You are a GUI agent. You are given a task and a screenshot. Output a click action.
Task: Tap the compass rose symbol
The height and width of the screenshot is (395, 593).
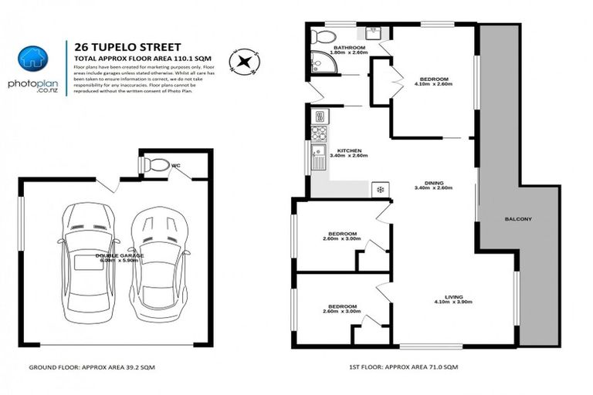[x=244, y=59]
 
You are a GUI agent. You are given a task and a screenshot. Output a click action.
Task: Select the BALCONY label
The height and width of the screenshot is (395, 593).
[x=517, y=218]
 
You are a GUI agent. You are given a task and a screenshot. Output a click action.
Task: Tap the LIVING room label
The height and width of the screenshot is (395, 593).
[x=453, y=296]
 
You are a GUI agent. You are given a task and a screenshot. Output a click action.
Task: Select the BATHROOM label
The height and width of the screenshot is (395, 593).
[x=348, y=48]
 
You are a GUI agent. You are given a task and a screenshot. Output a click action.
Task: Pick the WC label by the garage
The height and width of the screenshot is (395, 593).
[x=176, y=164]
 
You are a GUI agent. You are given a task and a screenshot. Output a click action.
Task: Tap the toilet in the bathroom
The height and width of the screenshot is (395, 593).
[x=323, y=36]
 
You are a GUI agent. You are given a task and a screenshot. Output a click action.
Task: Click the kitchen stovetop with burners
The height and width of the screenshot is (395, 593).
[x=319, y=118]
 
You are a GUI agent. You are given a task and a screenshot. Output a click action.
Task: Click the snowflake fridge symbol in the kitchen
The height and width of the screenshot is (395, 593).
[x=379, y=188]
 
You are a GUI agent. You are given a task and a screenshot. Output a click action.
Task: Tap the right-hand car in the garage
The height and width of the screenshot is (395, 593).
[x=160, y=266]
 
